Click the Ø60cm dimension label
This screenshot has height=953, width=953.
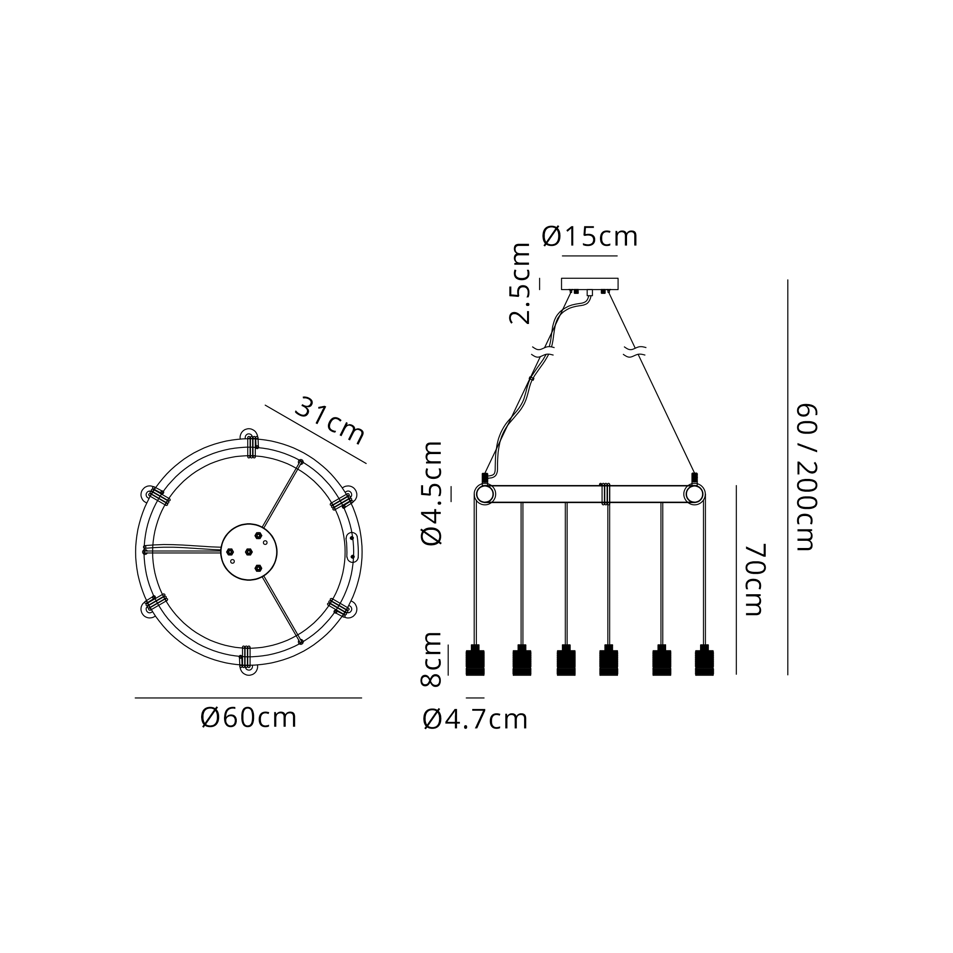[x=249, y=718]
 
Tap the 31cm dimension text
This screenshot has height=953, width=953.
[x=330, y=421]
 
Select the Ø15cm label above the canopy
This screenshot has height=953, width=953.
[x=589, y=237]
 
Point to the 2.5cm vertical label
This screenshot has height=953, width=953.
[x=520, y=283]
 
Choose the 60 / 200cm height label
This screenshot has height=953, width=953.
[x=808, y=477]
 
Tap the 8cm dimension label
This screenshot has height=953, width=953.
[x=431, y=659]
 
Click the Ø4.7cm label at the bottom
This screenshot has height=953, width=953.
[x=475, y=720]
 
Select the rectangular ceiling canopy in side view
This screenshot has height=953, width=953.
[x=589, y=284]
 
